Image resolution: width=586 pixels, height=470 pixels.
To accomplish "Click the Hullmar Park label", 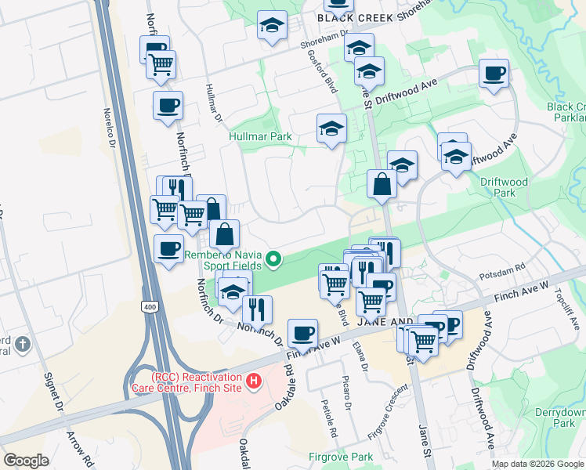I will click(260, 136).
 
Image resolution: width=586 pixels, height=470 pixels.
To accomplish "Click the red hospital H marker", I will click(254, 381).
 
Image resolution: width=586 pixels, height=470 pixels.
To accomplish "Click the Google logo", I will click(26, 461).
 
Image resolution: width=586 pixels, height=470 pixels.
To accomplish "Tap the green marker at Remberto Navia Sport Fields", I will click(273, 258).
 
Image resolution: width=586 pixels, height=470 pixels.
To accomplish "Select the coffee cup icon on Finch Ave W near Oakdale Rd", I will click(302, 333).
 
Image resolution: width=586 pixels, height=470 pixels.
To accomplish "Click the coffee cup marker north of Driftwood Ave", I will click(494, 74).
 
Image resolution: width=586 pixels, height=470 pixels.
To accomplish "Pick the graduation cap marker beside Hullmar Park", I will click(331, 128).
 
